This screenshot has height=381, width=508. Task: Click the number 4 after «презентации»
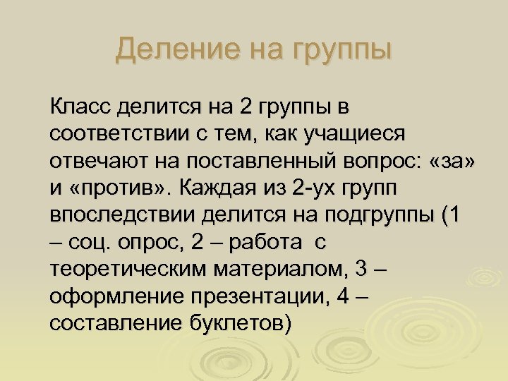pyautogui.click(x=344, y=296)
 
